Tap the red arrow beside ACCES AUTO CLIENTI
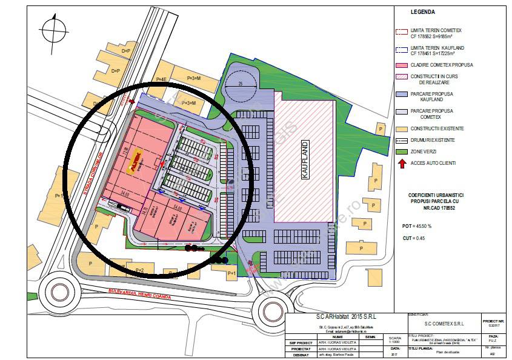point(401,163)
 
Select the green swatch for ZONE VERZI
point(401,152)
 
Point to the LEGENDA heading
point(422,12)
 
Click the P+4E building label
point(161,79)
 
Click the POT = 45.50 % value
point(417,226)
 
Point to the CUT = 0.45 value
point(413,238)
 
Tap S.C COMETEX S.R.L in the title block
point(440,323)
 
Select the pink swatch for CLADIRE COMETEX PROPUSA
point(401,65)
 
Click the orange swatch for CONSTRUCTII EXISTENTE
point(401,128)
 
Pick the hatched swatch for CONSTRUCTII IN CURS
point(401,77)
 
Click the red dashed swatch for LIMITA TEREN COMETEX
point(401,32)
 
